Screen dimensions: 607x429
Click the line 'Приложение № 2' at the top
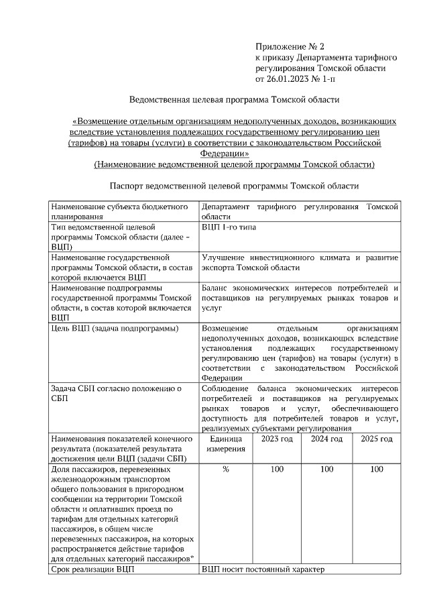coord(290,47)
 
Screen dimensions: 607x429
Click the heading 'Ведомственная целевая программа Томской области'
coord(235,100)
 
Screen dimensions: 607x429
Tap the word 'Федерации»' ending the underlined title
coord(234,154)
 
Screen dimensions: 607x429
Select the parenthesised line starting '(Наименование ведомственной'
coord(234,164)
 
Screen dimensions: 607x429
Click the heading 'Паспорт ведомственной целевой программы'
coord(234,186)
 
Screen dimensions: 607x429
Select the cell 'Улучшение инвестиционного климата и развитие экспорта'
coord(300,262)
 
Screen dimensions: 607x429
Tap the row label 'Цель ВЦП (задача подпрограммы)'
coord(115,328)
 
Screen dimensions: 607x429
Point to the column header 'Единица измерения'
coord(225,443)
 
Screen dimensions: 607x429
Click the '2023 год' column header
coord(277,439)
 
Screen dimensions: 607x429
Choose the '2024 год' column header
coord(326,439)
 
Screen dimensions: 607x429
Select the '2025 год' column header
coord(376,439)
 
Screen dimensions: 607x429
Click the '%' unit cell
coord(225,470)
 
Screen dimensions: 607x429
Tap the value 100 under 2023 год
coord(277,470)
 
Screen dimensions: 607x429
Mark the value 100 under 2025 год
coord(376,470)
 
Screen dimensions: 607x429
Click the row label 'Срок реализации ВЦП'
coord(93,569)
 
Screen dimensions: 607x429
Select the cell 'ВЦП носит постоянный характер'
coord(263,569)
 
